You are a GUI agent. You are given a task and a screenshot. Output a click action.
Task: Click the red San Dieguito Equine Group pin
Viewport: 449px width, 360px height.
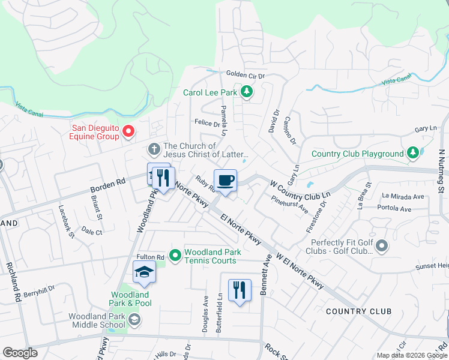tap(128, 131)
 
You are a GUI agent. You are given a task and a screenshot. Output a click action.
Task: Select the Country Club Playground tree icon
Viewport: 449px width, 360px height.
tap(412, 153)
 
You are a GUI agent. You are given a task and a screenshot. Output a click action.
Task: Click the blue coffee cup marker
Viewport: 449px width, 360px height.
tap(225, 181)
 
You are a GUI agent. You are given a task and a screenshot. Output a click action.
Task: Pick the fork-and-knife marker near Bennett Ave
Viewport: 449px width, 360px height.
tap(240, 290)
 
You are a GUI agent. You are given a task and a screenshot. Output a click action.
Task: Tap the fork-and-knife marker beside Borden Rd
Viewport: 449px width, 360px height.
tap(162, 178)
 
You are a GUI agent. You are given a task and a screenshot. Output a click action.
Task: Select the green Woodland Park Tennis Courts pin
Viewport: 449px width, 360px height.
tap(175, 256)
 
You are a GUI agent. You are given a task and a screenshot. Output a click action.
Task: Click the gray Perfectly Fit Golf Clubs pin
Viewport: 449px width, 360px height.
tap(382, 246)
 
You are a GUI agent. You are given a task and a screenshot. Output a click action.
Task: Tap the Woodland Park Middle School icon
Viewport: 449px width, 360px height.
tap(134, 320)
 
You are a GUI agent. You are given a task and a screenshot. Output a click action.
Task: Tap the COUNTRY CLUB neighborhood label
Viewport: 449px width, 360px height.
tap(358, 311)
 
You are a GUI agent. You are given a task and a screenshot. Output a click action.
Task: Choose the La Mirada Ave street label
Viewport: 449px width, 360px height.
tap(403, 196)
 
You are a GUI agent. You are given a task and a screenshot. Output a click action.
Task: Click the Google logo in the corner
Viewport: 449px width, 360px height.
tap(20, 353)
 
